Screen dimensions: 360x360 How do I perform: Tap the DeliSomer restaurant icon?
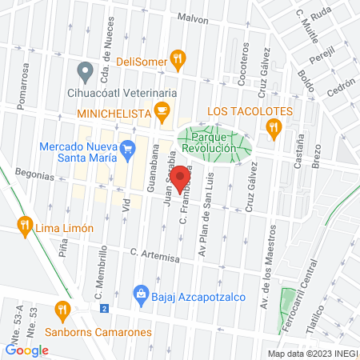coord(178,58)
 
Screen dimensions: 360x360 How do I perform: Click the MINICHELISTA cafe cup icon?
coord(163,110)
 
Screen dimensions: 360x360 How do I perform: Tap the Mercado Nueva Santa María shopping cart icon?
coord(126,148)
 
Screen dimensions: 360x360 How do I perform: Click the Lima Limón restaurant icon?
coord(26,227)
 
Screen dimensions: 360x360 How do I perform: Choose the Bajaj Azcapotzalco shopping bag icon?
coord(142,293)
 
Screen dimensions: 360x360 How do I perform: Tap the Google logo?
coord(27,350)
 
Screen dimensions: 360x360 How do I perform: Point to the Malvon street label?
coord(193,17)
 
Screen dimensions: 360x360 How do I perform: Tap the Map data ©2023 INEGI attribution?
coord(312,353)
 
